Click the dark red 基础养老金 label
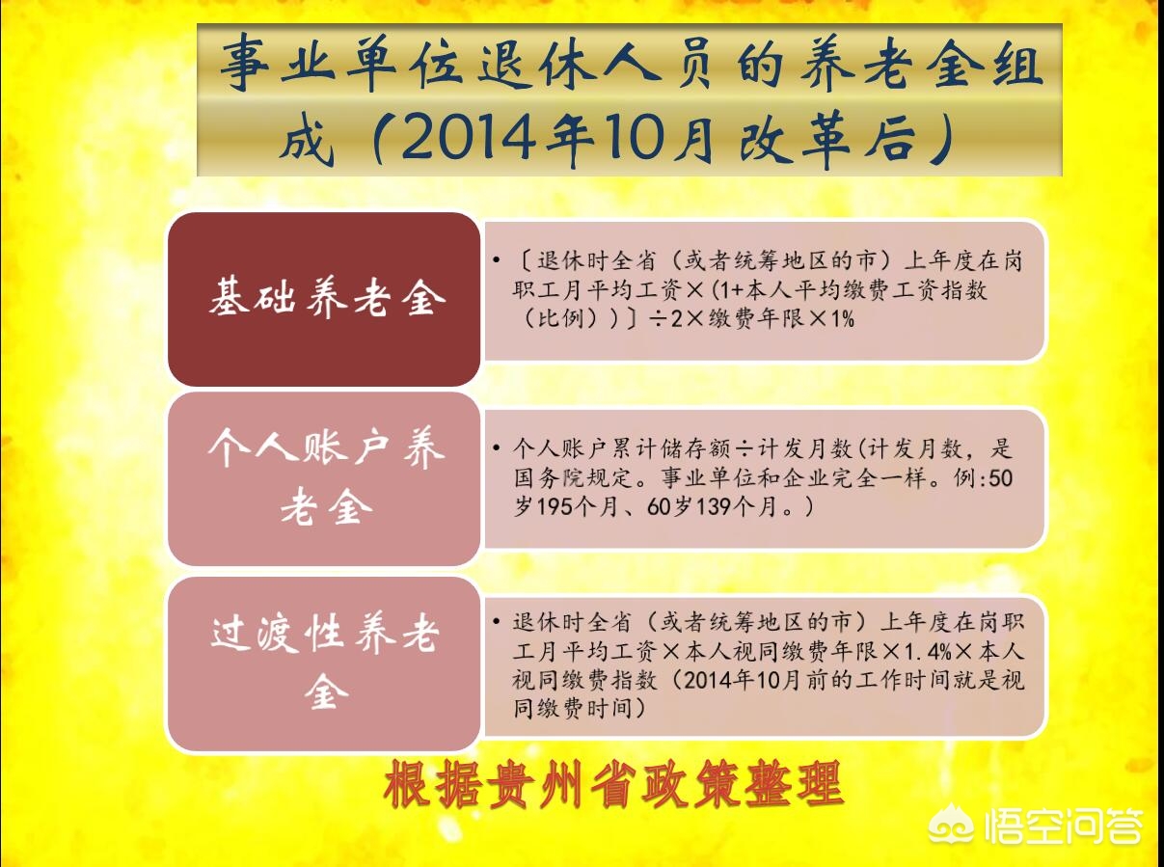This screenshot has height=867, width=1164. [x=325, y=299]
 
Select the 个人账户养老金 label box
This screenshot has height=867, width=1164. [x=325, y=479]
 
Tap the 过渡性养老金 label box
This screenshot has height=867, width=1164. [x=325, y=664]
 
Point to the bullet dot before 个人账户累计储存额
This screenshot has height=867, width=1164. [x=496, y=450]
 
